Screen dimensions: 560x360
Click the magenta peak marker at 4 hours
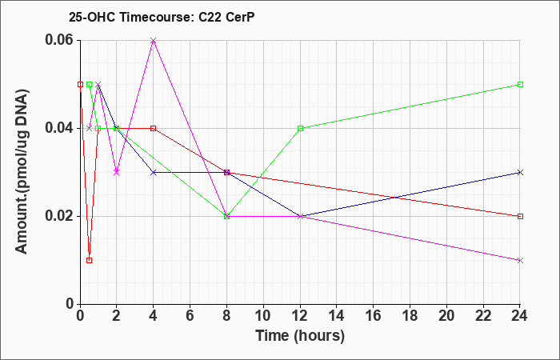(154, 40)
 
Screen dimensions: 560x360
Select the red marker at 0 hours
(80, 84)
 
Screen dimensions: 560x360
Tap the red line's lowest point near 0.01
(90, 260)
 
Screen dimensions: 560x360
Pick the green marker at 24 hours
(520, 84)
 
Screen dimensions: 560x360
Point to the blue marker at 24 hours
(520, 173)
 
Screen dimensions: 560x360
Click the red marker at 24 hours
(520, 217)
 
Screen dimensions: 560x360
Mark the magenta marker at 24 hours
(520, 260)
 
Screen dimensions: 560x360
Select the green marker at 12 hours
(300, 128)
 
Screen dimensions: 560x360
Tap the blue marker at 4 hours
(154, 173)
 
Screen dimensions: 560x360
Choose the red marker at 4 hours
(154, 128)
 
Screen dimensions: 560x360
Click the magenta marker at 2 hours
(117, 173)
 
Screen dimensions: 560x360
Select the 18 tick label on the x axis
(410, 316)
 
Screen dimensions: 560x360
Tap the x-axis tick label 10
(263, 316)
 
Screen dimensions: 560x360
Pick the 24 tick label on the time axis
(520, 316)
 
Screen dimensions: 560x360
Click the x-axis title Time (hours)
(300, 336)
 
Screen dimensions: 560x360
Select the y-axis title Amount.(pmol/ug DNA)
(22, 172)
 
